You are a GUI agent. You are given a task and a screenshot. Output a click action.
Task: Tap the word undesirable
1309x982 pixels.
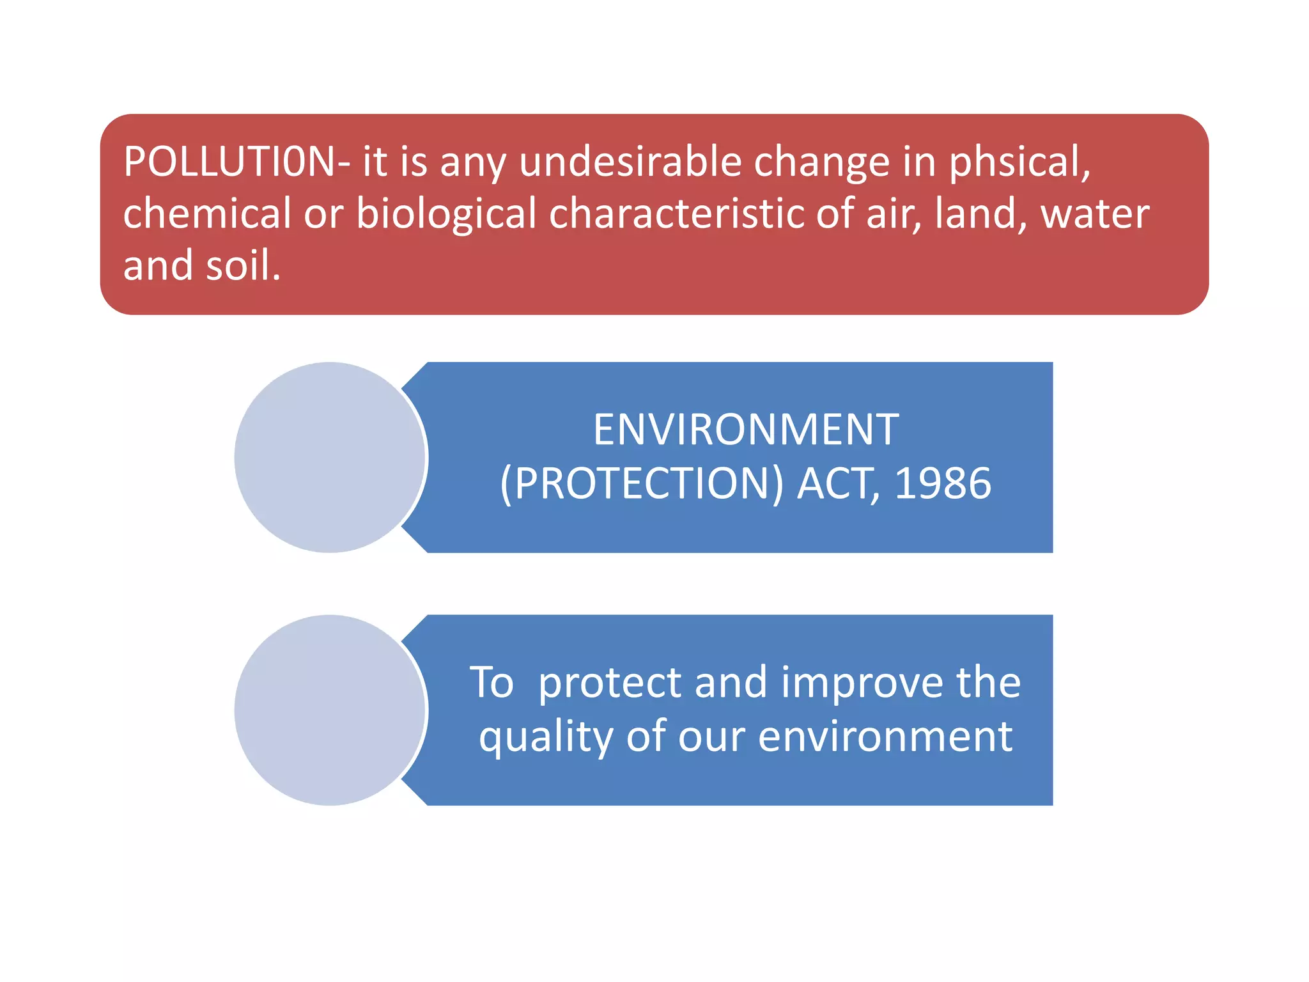630,161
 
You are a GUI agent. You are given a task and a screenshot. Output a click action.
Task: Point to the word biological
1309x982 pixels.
446,214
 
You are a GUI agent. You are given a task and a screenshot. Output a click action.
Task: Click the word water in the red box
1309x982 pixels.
1095,214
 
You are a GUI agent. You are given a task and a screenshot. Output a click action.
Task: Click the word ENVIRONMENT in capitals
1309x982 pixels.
746,430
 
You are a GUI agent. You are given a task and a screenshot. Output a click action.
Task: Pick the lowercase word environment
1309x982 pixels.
885,737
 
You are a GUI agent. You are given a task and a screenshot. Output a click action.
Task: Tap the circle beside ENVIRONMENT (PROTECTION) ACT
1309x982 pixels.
330,457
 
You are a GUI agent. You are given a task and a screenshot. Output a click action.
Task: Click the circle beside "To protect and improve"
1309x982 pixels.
330,710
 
